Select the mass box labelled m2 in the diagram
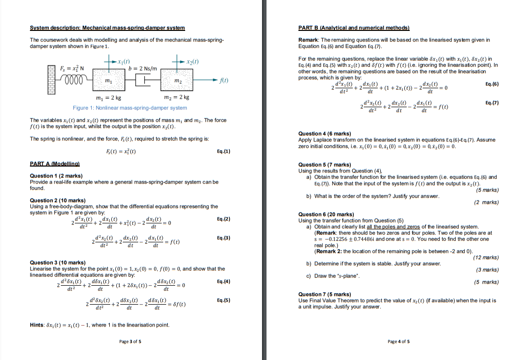(x=178, y=80)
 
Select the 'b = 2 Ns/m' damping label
(x=142, y=68)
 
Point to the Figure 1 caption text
(x=130, y=108)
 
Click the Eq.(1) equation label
(x=224, y=151)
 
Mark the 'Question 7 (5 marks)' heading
(x=323, y=294)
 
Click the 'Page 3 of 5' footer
(x=130, y=342)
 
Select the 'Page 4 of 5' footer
(x=398, y=342)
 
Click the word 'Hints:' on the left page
(x=38, y=325)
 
